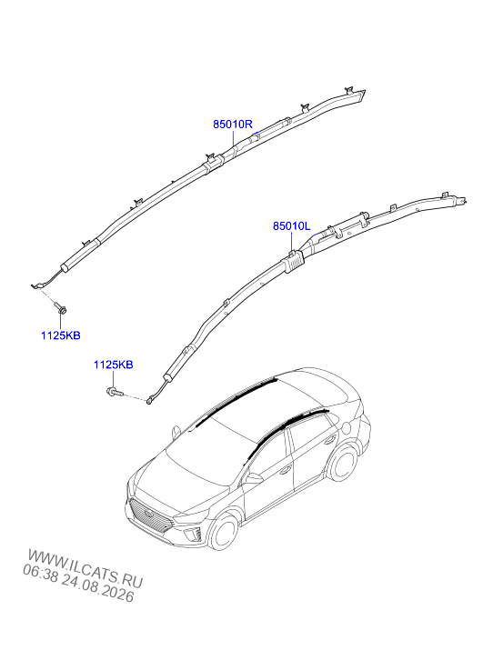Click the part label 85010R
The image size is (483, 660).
tap(232, 125)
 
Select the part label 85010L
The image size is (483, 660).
tap(291, 226)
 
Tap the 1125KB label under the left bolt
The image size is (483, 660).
tap(60, 335)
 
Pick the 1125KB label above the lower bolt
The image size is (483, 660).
tap(114, 365)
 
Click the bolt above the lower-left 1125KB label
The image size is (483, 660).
tap(62, 309)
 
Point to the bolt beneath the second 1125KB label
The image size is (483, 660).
tap(114, 393)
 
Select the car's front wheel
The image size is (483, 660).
tap(224, 532)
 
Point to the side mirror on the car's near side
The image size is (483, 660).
tap(254, 478)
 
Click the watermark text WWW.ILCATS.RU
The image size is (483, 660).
tap(86, 569)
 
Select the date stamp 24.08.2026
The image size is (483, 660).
tap(97, 588)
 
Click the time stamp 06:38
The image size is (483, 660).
tap(40, 572)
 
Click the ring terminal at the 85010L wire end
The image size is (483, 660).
tap(149, 402)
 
